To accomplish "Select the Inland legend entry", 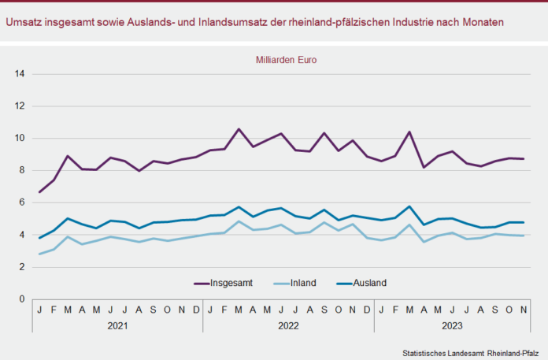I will (x=302, y=283).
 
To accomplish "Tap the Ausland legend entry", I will (x=370, y=283).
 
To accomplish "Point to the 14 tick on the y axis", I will (x=20, y=74).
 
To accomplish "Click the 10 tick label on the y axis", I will (x=20, y=139).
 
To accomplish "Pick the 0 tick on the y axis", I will (x=23, y=299).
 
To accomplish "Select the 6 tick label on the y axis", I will (x=23, y=202).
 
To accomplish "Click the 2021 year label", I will (x=117, y=325).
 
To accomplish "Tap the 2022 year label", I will (x=288, y=325).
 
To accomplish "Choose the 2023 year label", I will (x=452, y=325).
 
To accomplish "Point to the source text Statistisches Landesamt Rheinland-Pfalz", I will (x=469, y=352).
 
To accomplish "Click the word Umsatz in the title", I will (x=24, y=22).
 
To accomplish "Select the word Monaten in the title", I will (x=482, y=22).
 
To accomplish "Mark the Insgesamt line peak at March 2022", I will (x=239, y=128).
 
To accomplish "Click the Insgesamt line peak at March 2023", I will (x=409, y=132).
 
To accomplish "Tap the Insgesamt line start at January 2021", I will (x=39, y=191).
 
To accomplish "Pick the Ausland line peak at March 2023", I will (x=409, y=206).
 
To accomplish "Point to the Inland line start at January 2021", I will (x=39, y=254).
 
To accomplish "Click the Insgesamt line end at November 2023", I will (x=524, y=158).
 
